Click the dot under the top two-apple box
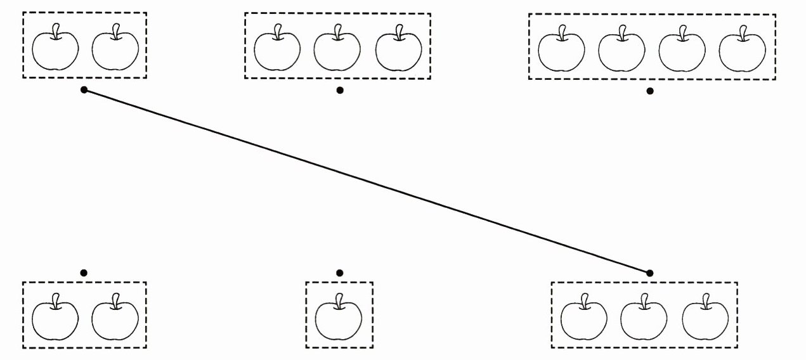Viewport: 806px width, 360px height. tap(84, 91)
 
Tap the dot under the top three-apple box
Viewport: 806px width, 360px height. tap(340, 91)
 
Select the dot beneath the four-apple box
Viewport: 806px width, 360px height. tap(650, 91)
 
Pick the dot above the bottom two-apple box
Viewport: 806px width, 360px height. tap(84, 273)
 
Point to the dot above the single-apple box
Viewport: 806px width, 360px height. tap(340, 273)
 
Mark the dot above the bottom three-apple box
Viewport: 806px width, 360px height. tap(650, 273)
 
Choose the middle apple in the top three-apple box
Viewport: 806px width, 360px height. tap(337, 50)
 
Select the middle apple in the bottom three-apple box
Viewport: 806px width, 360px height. tap(644, 319)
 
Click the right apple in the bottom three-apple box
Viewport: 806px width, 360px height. tap(705, 319)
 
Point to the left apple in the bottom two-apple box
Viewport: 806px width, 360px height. tap(55, 319)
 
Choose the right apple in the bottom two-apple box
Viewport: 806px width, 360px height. tap(115, 319)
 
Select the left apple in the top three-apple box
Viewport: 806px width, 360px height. tap(277, 50)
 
